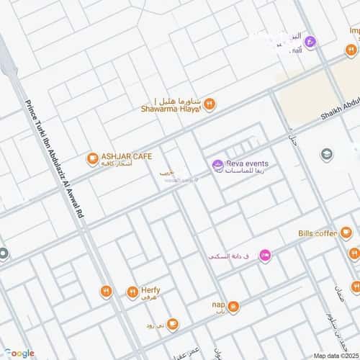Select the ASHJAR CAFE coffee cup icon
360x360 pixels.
91,158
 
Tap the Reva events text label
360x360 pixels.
248,164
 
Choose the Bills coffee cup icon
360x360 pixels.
346,233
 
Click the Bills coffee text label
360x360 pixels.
318,233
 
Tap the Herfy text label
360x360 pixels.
150,288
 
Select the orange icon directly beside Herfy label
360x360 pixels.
132,292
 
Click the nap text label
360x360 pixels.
219,305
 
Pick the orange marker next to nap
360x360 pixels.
233,307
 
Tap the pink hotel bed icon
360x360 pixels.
265,255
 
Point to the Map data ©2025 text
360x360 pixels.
334,356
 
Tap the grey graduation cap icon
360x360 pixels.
327,154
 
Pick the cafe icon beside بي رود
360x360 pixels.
172,324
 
